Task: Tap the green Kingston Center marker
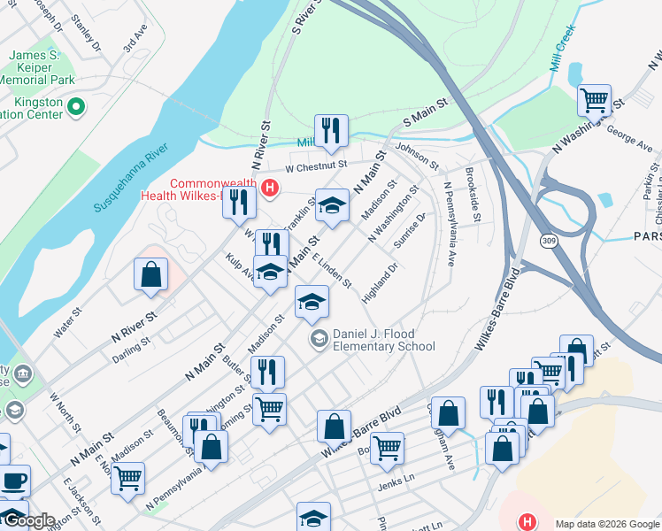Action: pos(76,108)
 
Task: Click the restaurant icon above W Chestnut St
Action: pos(331,130)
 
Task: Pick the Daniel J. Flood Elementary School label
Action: pos(383,341)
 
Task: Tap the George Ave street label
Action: pos(630,137)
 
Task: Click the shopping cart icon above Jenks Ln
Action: pos(387,448)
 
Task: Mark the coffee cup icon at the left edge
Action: pos(12,481)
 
